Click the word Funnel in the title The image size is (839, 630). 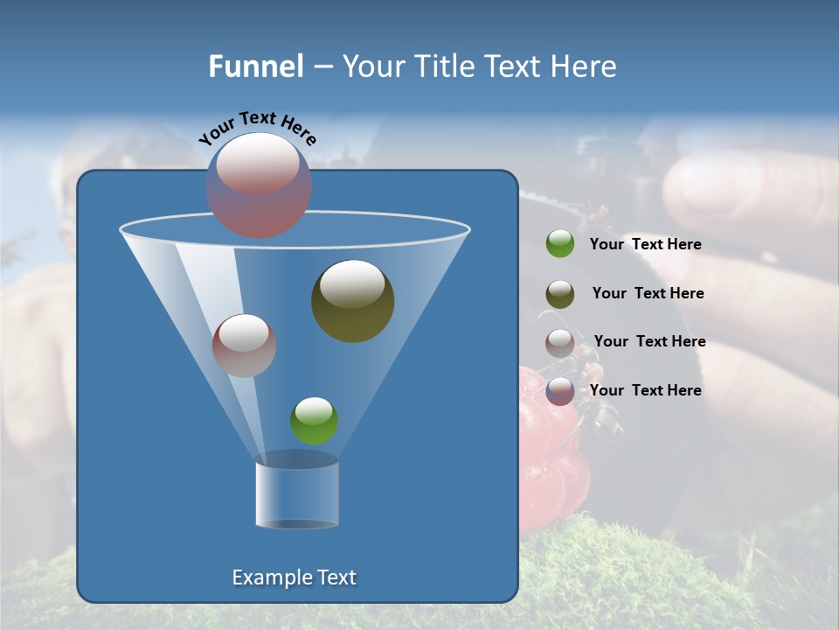[x=256, y=66]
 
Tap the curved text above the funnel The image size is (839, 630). [x=257, y=128]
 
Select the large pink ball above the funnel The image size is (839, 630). [x=259, y=185]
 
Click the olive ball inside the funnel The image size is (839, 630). [x=353, y=301]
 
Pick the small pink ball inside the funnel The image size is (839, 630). [x=244, y=346]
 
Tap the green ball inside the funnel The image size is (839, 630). [x=314, y=421]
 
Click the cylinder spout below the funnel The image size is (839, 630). [x=297, y=493]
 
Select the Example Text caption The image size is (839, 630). [x=295, y=577]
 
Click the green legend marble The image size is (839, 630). [x=560, y=244]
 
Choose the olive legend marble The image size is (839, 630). [x=560, y=294]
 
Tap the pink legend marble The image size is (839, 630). [x=560, y=343]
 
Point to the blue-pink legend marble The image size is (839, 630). [x=560, y=391]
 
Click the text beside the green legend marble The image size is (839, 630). [x=645, y=245]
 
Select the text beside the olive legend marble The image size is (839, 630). [x=648, y=294]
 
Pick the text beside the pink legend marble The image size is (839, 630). [x=649, y=342]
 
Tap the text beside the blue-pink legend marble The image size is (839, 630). [x=645, y=390]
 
